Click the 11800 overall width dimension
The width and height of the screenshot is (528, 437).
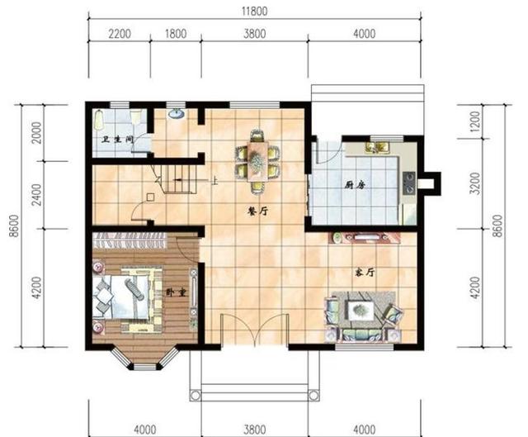255,11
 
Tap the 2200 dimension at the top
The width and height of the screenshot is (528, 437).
120,34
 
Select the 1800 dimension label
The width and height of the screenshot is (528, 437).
176,34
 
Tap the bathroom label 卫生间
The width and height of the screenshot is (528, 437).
117,140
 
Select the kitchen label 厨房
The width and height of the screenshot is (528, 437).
355,185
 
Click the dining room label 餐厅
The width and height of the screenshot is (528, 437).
258,211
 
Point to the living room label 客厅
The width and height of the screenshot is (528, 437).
365,272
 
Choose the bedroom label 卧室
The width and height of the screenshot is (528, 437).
176,292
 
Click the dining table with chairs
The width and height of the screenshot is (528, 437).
257,161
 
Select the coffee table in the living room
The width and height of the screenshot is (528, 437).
361,310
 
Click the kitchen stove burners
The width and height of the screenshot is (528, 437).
409,183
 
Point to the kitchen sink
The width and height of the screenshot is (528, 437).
377,147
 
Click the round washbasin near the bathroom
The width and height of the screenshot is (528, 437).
177,114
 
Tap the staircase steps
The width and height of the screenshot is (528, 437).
179,179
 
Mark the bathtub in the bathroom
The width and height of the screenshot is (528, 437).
99,120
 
